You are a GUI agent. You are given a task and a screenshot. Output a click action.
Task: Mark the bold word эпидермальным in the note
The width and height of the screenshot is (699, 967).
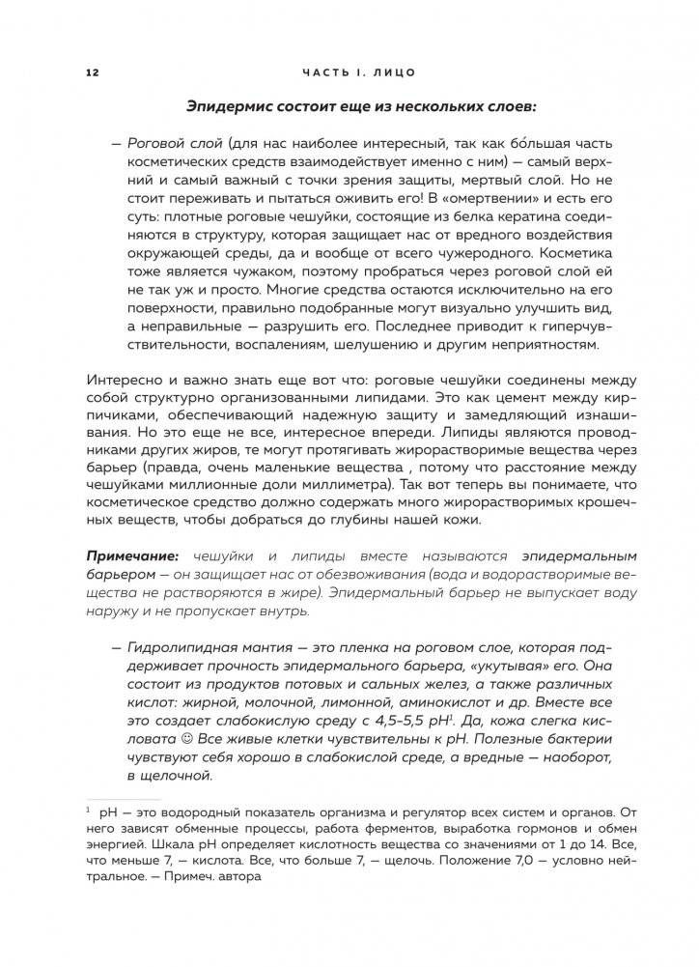563,556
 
